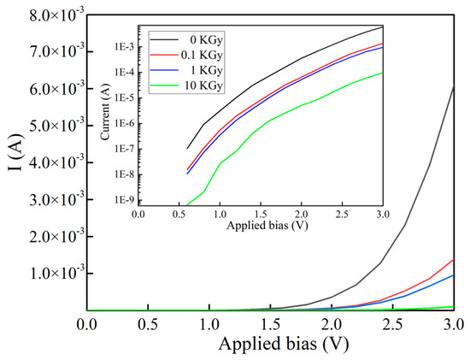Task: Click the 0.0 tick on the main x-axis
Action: pyautogui.click(x=86, y=325)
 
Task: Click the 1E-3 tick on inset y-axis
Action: pyautogui.click(x=120, y=47)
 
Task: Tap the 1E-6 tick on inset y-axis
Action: pyautogui.click(x=120, y=124)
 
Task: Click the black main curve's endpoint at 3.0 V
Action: pyautogui.click(x=453, y=86)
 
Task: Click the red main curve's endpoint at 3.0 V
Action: pyautogui.click(x=453, y=259)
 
